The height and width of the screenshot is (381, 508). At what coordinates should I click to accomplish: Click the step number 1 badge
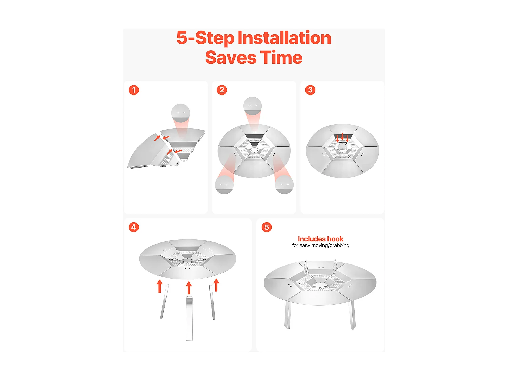pyautogui.click(x=133, y=90)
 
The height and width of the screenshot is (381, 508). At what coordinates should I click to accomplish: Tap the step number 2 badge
pyautogui.click(x=221, y=90)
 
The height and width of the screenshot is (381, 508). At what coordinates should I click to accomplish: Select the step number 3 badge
pyautogui.click(x=310, y=90)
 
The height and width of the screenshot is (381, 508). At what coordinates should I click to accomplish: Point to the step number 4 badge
pyautogui.click(x=133, y=227)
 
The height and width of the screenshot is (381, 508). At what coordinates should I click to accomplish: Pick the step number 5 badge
pyautogui.click(x=267, y=227)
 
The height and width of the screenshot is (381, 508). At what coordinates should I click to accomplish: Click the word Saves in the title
pyautogui.click(x=231, y=57)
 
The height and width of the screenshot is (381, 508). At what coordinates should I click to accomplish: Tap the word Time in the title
pyautogui.click(x=281, y=57)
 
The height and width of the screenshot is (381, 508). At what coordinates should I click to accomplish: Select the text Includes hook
pyautogui.click(x=320, y=239)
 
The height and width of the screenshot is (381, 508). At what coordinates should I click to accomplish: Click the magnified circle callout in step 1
pyautogui.click(x=181, y=113)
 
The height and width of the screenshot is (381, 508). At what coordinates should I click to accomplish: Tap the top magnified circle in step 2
pyautogui.click(x=252, y=106)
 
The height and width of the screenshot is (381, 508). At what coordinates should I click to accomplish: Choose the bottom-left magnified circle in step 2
pyautogui.click(x=224, y=185)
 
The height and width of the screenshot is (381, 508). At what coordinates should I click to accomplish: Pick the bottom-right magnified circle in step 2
pyautogui.click(x=284, y=185)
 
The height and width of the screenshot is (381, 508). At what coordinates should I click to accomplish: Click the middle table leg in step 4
pyautogui.click(x=189, y=319)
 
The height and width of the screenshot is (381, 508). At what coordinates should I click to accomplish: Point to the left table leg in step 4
pyautogui.click(x=164, y=301)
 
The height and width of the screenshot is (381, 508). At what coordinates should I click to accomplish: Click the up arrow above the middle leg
pyautogui.click(x=189, y=288)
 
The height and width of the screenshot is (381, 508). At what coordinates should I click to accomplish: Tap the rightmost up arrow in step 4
pyautogui.click(x=216, y=284)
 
